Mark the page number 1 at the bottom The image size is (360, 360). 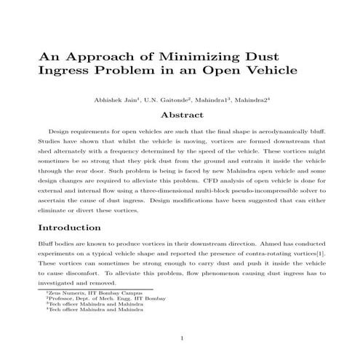[x=180, y=338]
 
